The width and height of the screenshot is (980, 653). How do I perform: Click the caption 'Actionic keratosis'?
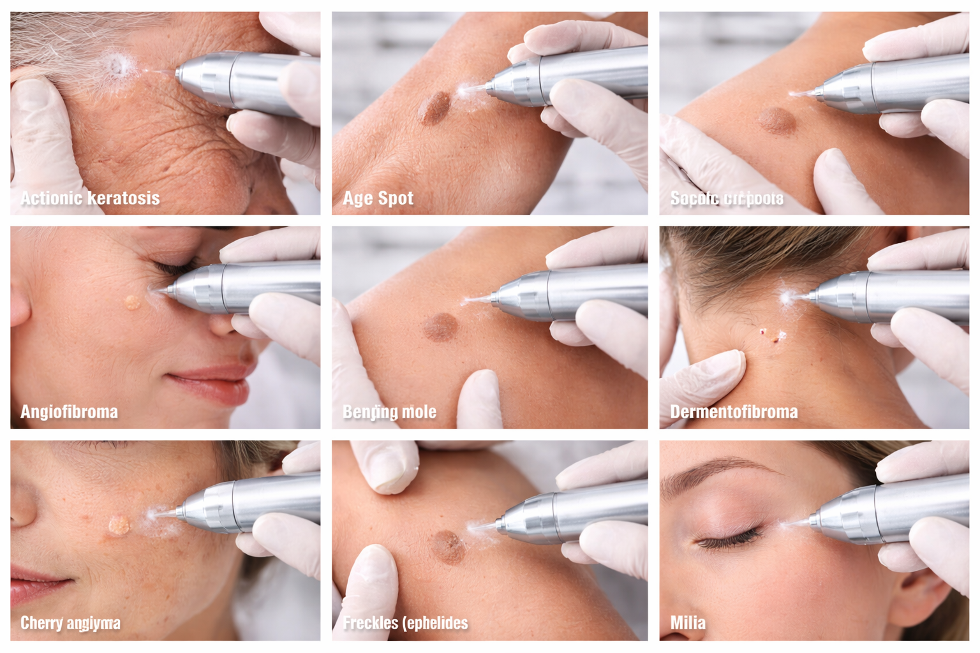coord(90,198)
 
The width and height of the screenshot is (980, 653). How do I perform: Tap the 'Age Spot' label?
coord(378,198)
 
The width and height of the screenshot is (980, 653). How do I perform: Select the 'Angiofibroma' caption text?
coord(69,412)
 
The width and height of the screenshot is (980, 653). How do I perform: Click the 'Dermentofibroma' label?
coord(734,412)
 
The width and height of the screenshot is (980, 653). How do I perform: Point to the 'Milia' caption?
coord(688,623)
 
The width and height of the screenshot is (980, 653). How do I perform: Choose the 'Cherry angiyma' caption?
coord(70,623)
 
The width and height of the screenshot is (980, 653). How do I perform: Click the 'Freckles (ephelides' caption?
coord(405,623)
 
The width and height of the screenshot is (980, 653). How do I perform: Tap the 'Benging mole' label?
coord(389,412)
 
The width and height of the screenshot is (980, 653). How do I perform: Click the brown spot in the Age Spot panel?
coord(434,108)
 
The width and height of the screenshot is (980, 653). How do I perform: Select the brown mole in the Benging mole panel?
coord(440,327)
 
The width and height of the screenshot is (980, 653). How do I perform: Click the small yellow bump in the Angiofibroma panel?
coord(133,302)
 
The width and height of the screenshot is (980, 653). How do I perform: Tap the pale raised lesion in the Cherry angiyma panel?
coord(119,525)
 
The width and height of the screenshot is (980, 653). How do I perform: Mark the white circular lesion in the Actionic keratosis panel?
coord(117,65)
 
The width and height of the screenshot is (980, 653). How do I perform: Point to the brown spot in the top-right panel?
coord(775,120)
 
